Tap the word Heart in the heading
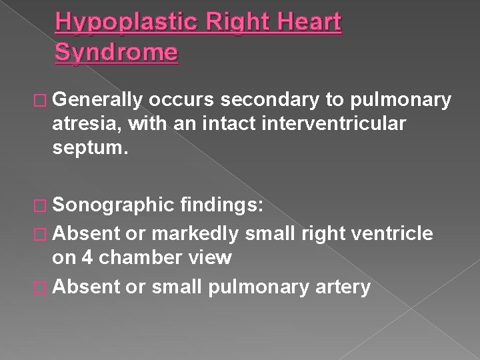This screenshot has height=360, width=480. pyautogui.click(x=309, y=23)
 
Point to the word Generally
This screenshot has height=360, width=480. pyautogui.click(x=100, y=100)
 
